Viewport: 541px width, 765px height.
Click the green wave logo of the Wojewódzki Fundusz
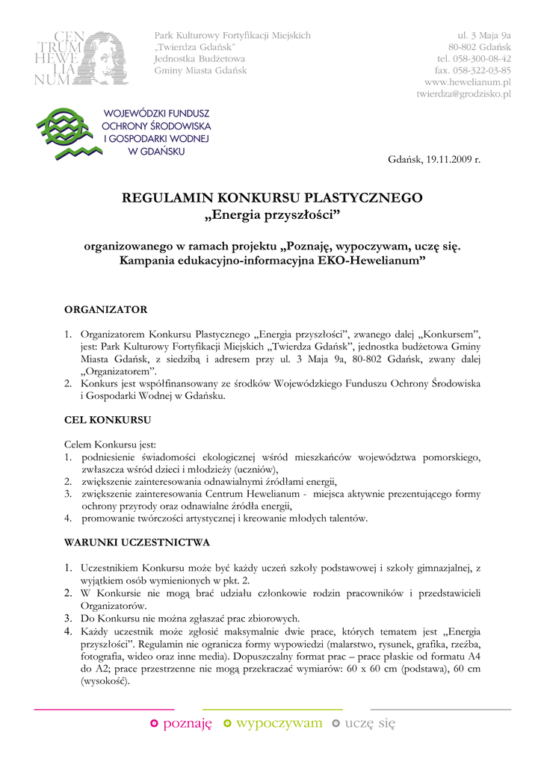tap(65, 131)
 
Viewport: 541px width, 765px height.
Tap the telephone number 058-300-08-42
tap(474, 58)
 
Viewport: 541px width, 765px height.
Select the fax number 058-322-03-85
tap(474, 70)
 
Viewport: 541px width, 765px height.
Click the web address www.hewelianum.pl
tap(468, 82)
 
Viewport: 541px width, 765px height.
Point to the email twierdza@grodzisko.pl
tap(463, 94)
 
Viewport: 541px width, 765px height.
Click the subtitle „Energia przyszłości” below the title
tap(271, 216)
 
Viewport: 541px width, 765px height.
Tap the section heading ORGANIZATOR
tap(106, 309)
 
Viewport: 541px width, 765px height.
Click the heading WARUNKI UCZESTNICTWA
tap(137, 541)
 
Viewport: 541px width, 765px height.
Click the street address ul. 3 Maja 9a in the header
tap(484, 35)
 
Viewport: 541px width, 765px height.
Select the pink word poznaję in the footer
tap(188, 723)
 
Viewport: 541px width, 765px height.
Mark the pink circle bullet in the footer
tap(154, 723)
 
